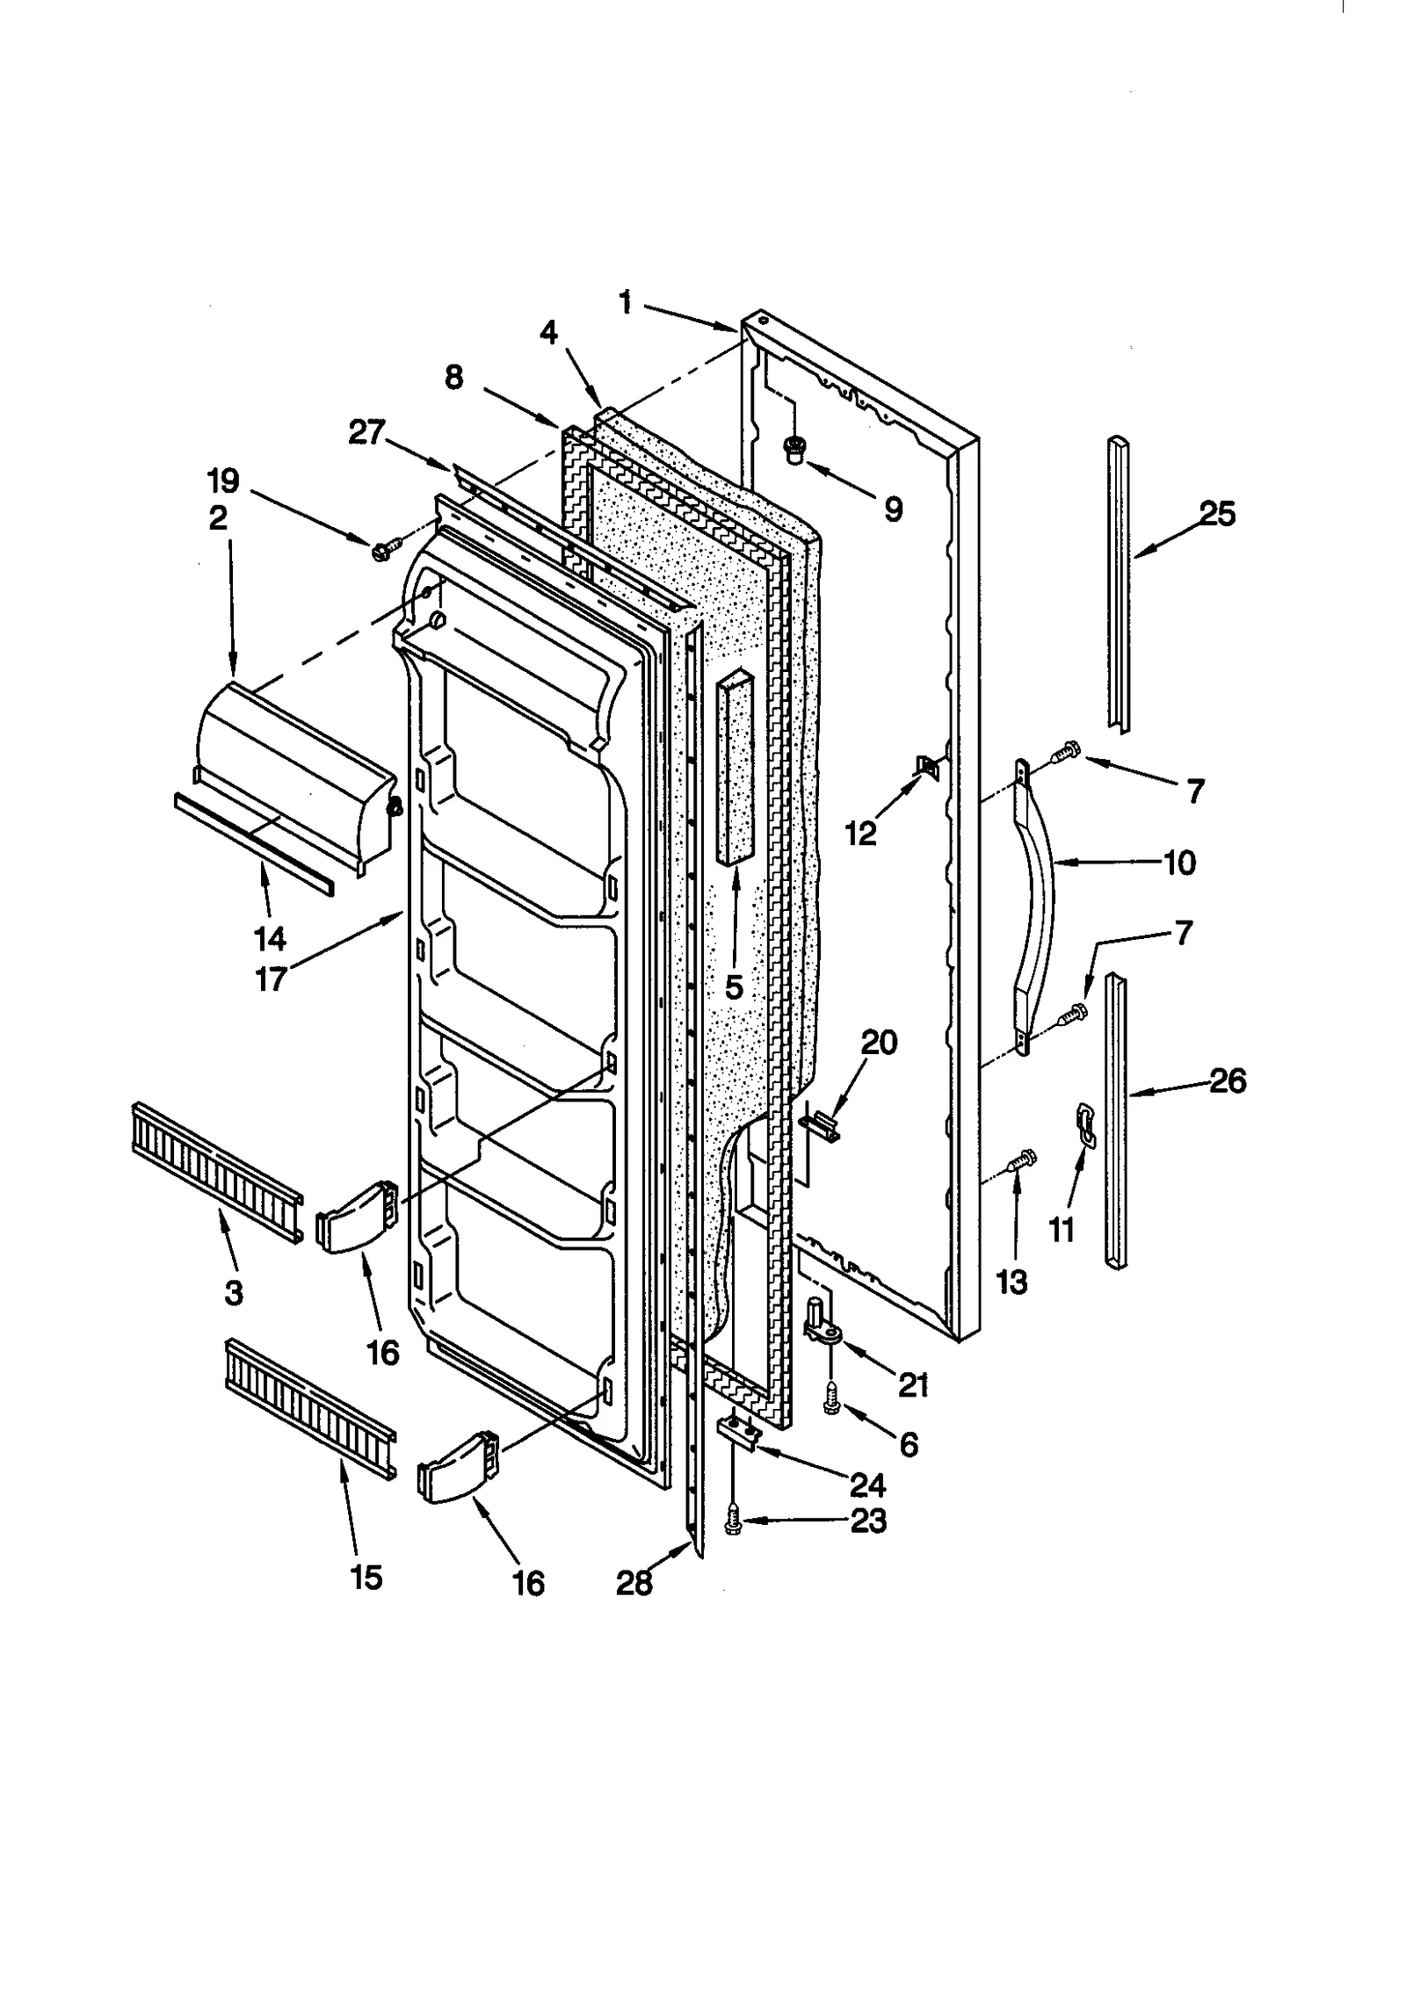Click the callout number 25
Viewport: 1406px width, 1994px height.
[1217, 513]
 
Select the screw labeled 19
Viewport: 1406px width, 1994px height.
[384, 551]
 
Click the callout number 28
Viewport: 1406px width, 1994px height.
[634, 1582]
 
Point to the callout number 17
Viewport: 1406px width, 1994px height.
[271, 977]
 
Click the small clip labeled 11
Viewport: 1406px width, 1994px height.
[1087, 1127]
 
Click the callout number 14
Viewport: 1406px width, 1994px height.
[270, 938]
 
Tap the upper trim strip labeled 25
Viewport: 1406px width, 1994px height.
[1119, 584]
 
